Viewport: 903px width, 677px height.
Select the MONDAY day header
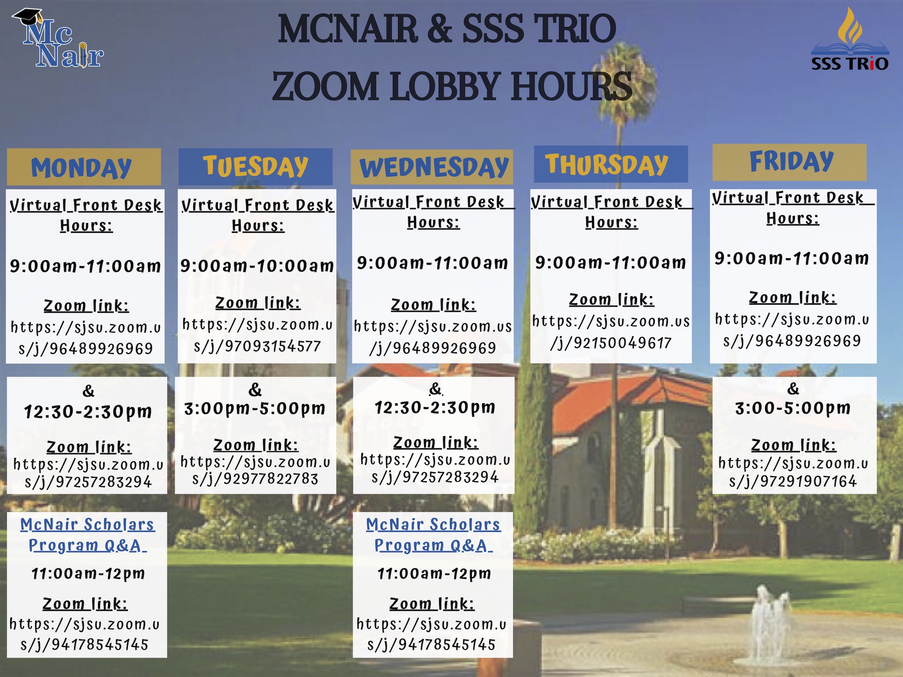tap(84, 167)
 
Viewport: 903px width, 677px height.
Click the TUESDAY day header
tap(255, 167)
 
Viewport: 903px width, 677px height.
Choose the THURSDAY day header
tap(611, 164)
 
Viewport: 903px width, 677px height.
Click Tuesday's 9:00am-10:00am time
tap(257, 266)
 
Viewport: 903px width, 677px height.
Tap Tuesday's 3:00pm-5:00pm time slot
tap(255, 408)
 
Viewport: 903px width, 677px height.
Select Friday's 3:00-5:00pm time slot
tap(793, 408)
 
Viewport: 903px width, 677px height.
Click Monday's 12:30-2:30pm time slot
tap(88, 412)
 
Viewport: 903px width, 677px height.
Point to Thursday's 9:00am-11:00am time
tap(611, 263)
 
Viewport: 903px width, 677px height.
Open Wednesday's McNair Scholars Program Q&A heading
tap(433, 534)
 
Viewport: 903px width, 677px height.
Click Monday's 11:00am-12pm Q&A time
tap(88, 574)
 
